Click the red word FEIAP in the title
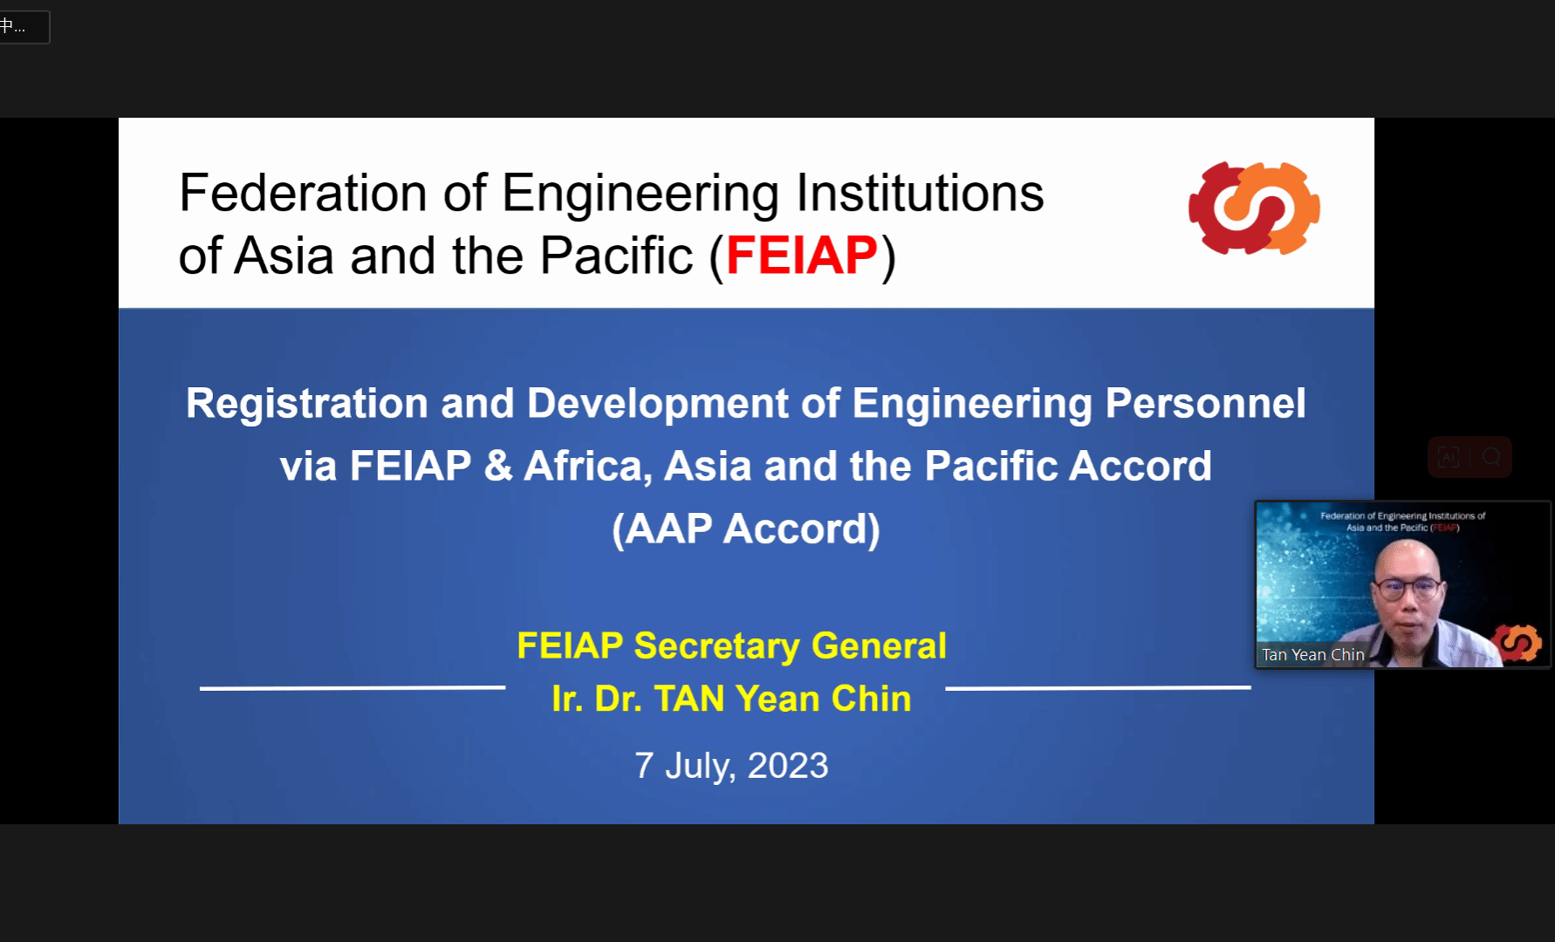click(801, 256)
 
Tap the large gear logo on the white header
click(1254, 208)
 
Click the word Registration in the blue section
click(307, 404)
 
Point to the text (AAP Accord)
click(746, 529)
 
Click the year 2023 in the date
click(788, 766)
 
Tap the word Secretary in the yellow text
click(716, 646)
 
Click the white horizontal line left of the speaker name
click(353, 688)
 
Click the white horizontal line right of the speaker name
click(1098, 688)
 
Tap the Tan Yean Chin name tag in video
click(1312, 654)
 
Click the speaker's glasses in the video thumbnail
click(1407, 587)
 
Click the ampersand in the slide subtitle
click(497, 466)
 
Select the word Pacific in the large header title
click(616, 256)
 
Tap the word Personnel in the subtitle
click(1205, 404)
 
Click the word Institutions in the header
click(920, 193)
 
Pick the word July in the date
click(701, 767)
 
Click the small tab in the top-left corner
click(24, 27)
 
